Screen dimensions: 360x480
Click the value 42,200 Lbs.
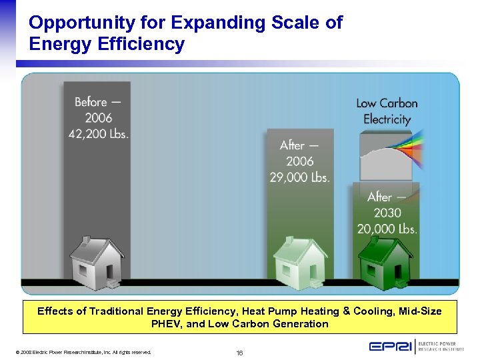coord(99,133)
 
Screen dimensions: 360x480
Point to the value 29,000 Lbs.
coord(299,177)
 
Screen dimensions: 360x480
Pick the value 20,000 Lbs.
coord(387,229)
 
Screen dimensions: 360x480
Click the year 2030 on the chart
coord(387,213)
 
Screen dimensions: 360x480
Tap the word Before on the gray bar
coord(91,102)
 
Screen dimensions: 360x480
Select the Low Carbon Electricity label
coord(387,111)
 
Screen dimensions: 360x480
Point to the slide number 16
coord(240,352)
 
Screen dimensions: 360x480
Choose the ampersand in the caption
coord(346,311)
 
